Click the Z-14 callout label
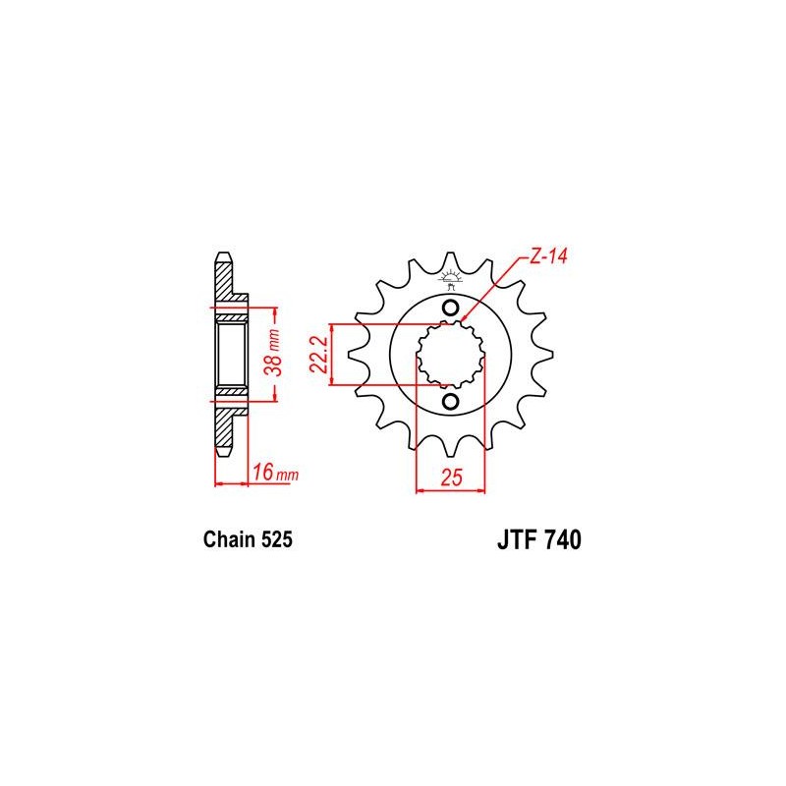[548, 256]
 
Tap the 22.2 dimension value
[318, 355]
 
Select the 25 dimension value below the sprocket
[451, 477]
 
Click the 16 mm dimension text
[275, 473]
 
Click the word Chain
[228, 539]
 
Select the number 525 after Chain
[275, 539]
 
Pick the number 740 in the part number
[562, 539]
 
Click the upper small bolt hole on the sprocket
[451, 308]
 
